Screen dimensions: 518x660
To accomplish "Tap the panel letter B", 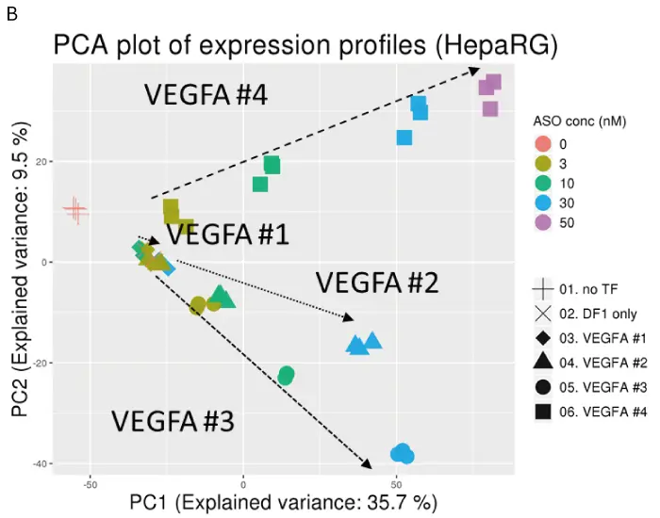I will [x=12, y=12].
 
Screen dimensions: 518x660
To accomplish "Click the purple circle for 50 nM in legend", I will [x=542, y=223].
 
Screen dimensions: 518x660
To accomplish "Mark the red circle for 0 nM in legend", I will [x=542, y=144].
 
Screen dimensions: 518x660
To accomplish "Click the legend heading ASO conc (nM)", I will [x=575, y=121].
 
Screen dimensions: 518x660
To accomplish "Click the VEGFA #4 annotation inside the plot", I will [x=206, y=95].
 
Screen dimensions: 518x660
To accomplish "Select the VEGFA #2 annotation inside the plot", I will [x=376, y=282].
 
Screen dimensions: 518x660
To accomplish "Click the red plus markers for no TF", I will [x=74, y=211].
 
